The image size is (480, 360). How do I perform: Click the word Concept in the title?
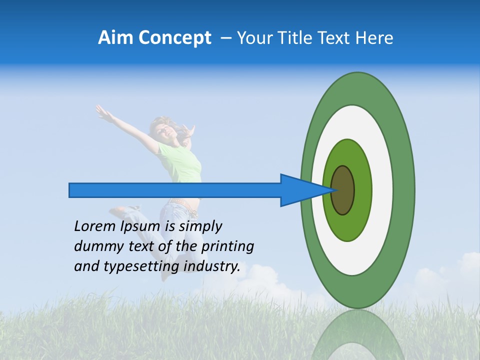pos(175,38)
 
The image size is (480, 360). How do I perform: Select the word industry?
pos(212,266)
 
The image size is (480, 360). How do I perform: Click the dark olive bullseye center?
pos(343,190)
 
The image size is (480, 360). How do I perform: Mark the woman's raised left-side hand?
pos(102,113)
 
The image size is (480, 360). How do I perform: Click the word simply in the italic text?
pos(200,226)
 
